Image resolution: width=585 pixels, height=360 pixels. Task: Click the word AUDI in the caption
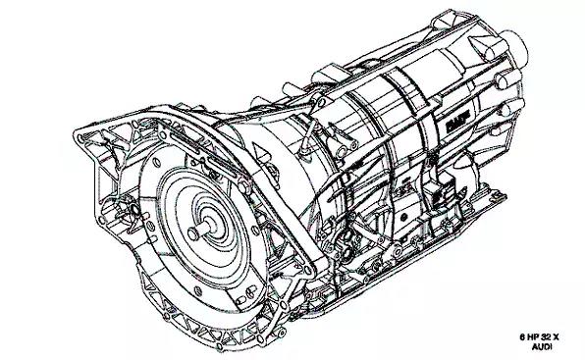tap(542, 347)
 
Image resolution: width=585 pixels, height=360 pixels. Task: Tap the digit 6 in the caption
tap(523, 337)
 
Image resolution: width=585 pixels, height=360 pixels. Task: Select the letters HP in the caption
tap(532, 337)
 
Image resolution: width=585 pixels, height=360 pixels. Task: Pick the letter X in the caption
tap(556, 337)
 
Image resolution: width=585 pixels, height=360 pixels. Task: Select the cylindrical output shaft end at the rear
tap(514, 48)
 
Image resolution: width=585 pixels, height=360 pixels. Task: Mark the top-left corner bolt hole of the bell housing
tap(80, 138)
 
